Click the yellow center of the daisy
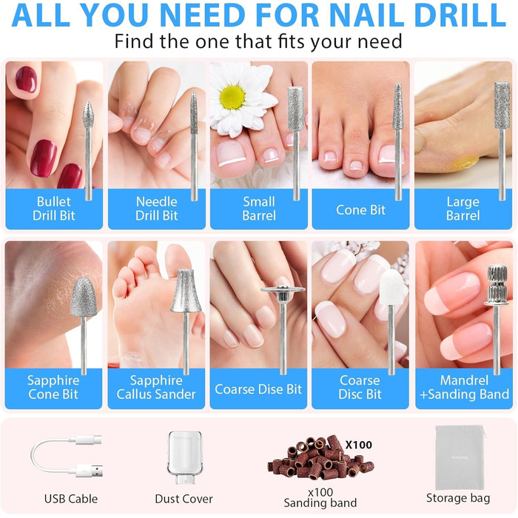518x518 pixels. click(x=232, y=97)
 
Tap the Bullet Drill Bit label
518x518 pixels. click(x=54, y=209)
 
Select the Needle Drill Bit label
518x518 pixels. click(x=157, y=209)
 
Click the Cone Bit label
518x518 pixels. click(x=361, y=209)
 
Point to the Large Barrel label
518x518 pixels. click(x=462, y=209)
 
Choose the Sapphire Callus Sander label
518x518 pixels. click(x=156, y=387)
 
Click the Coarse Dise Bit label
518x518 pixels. click(x=258, y=389)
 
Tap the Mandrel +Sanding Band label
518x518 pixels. click(x=464, y=387)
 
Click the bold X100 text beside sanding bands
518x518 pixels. click(x=359, y=445)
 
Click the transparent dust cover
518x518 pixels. click(x=184, y=457)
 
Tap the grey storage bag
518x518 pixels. click(x=460, y=457)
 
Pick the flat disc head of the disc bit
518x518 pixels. click(x=283, y=290)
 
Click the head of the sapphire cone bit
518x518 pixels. click(x=84, y=297)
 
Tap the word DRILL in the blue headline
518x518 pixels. click(x=460, y=16)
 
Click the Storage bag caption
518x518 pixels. click(x=458, y=498)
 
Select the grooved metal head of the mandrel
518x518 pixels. click(x=497, y=285)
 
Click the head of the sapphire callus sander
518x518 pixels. click(x=186, y=291)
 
